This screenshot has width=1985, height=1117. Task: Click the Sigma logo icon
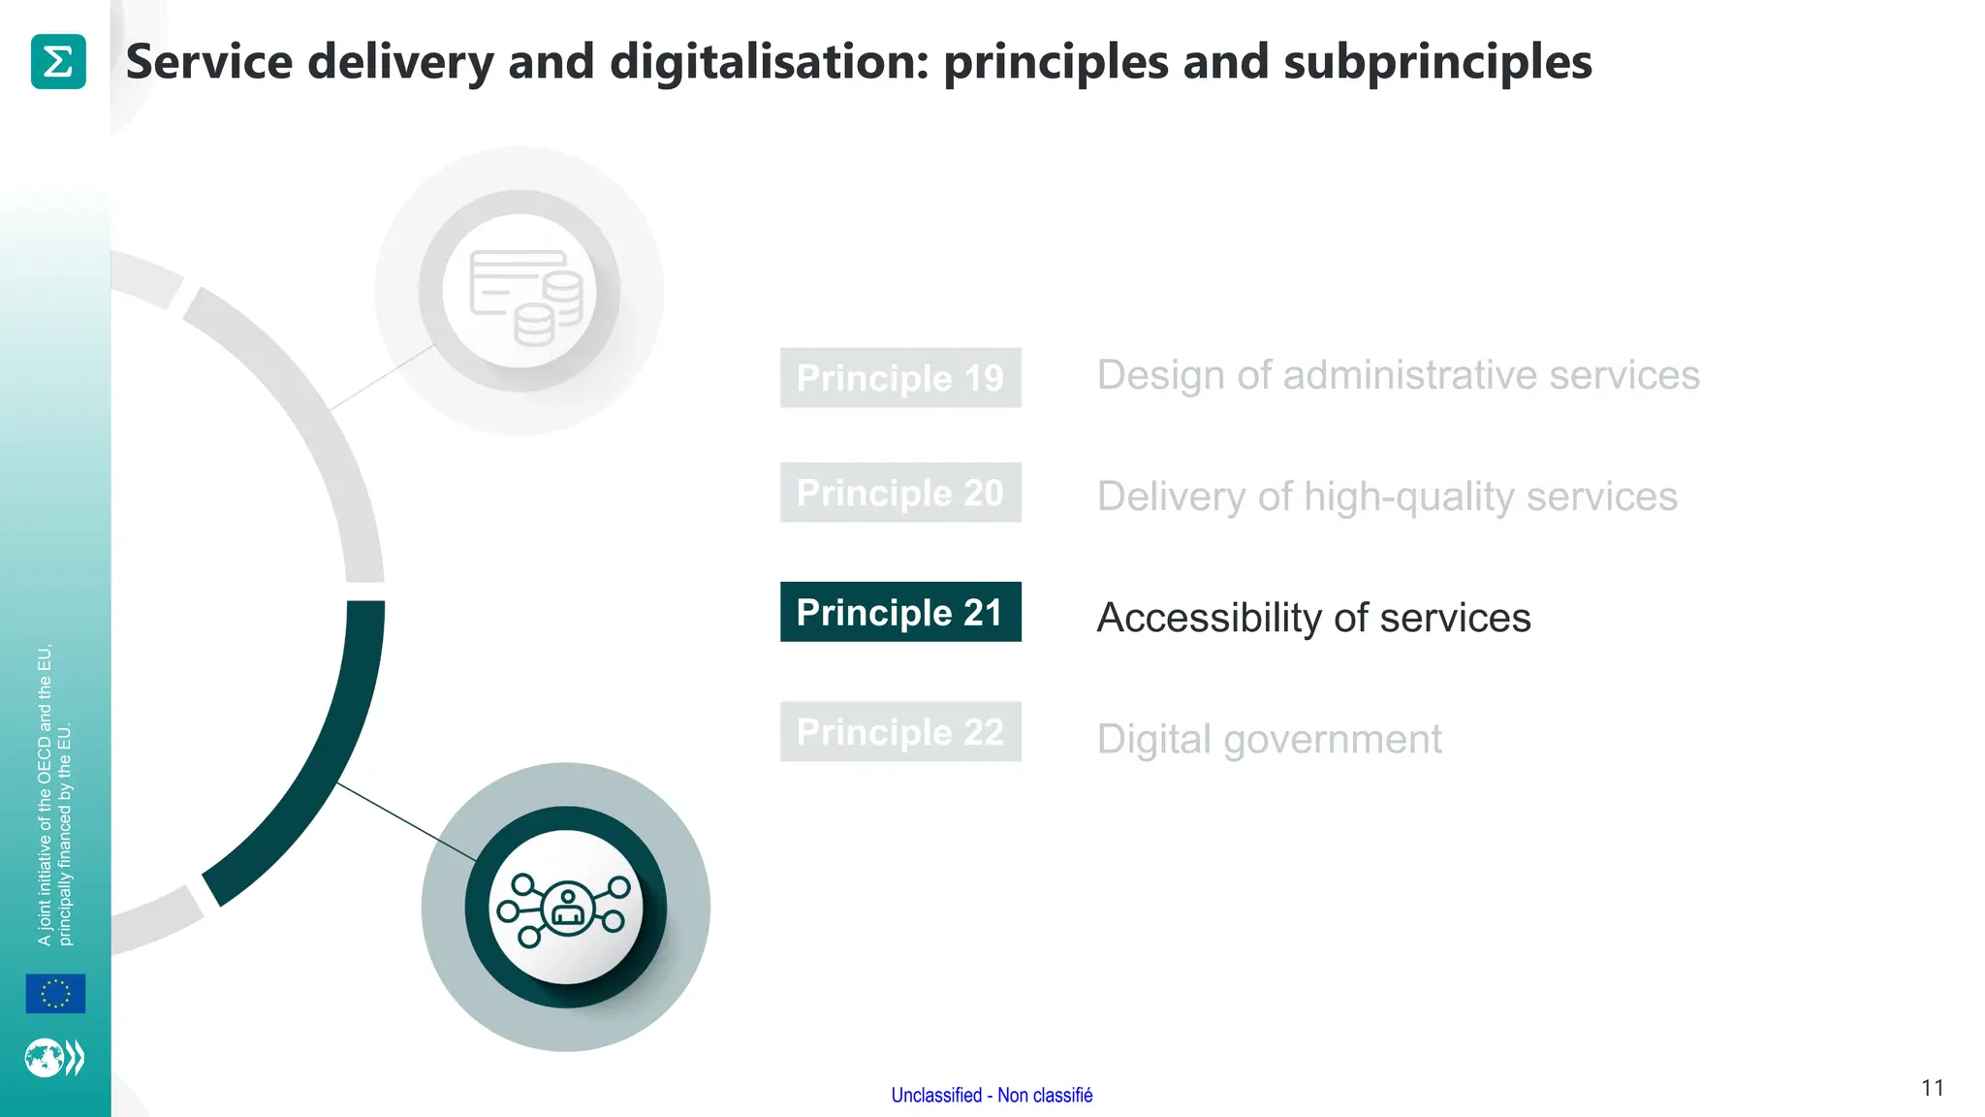(x=58, y=61)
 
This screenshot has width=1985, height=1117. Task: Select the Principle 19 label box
(x=899, y=377)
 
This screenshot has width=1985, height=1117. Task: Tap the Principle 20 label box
(x=899, y=493)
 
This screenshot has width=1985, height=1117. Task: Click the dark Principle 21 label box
(x=899, y=612)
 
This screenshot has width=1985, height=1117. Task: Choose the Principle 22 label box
(x=899, y=732)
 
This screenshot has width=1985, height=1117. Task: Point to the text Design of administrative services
(x=1398, y=375)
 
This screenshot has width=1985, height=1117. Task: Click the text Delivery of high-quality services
(x=1386, y=496)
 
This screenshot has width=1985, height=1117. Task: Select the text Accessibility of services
(x=1313, y=618)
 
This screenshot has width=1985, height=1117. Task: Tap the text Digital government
(x=1269, y=739)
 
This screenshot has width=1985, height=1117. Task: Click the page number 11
(x=1932, y=1088)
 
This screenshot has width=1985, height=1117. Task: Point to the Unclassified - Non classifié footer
(x=992, y=1095)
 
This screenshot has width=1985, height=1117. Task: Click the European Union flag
(x=55, y=994)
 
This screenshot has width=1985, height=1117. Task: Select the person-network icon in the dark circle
(x=565, y=909)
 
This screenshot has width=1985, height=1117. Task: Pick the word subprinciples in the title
(x=1437, y=61)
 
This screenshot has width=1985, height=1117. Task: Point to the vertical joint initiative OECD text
(x=54, y=795)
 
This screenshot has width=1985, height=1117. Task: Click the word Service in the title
(x=209, y=61)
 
